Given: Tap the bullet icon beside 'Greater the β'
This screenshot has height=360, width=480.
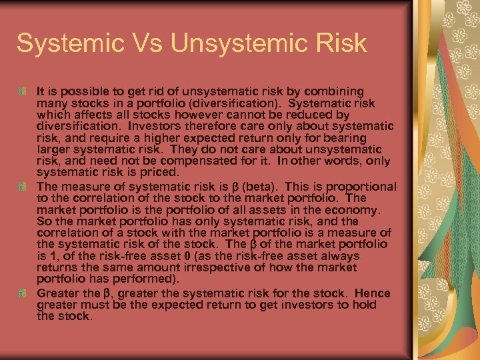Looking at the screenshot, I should pos(23,293).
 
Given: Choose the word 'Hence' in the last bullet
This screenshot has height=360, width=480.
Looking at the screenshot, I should pos(373,293).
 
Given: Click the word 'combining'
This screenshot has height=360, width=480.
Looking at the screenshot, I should pos(339,91).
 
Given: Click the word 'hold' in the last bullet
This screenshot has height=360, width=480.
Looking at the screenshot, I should pos(365,305).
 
